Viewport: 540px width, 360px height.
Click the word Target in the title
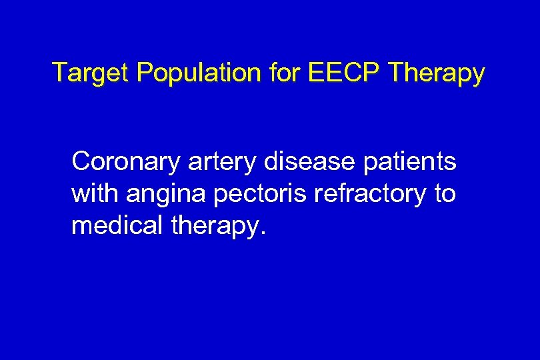click(x=91, y=73)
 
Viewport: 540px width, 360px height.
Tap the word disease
click(x=310, y=161)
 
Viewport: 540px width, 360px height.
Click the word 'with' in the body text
click(x=93, y=193)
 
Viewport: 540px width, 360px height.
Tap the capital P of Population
click(x=144, y=73)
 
